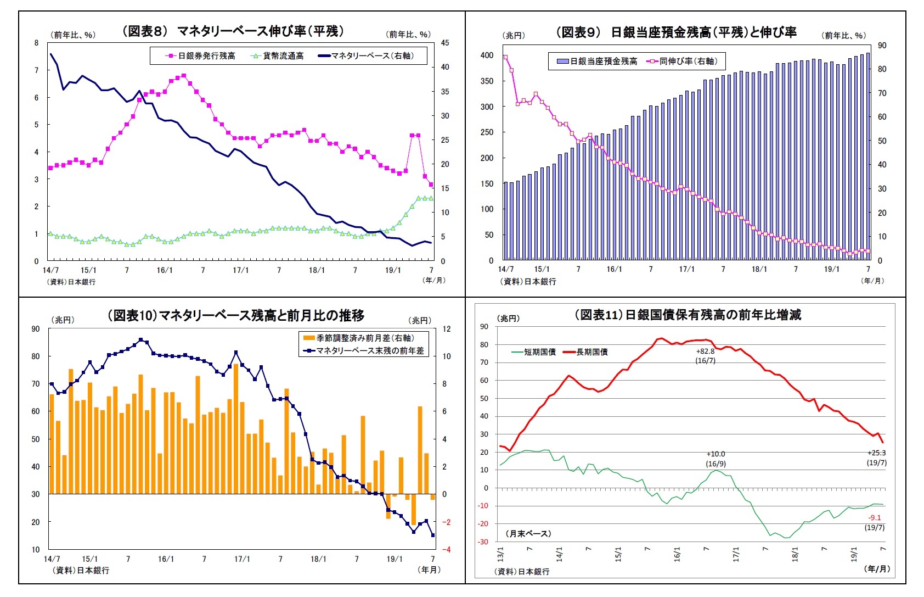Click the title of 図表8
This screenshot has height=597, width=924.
[233, 31]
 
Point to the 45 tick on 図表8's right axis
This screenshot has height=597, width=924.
[444, 43]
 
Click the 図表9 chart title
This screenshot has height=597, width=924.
[676, 32]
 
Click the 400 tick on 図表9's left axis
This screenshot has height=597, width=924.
[487, 55]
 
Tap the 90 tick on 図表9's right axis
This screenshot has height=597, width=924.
[882, 46]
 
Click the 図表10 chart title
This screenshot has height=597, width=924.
[235, 316]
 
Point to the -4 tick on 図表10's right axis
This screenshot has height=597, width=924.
[446, 549]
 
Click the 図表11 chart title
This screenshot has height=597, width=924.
[688, 315]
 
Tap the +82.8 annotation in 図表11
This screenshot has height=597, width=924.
[705, 351]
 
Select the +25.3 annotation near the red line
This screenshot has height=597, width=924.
[876, 453]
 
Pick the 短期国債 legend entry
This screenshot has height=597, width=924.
[539, 352]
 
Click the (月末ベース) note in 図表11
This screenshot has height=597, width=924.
[528, 533]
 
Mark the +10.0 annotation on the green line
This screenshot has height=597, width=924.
[715, 454]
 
